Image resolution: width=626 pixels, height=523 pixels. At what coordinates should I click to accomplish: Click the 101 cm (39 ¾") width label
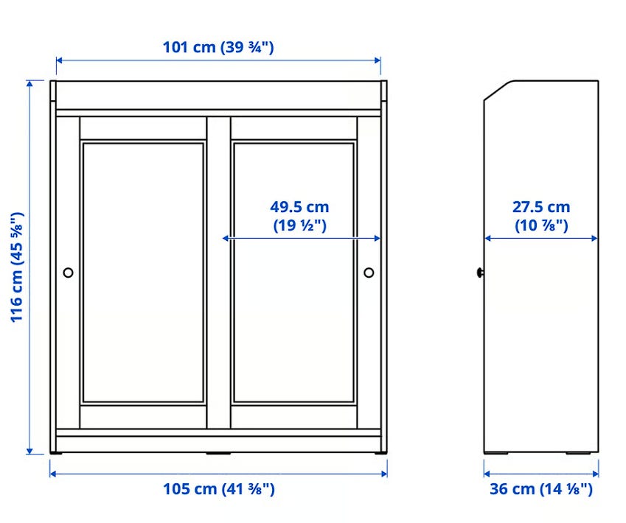pyautogui.click(x=218, y=47)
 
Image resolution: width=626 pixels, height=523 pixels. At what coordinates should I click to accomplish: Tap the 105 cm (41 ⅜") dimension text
pyautogui.click(x=219, y=489)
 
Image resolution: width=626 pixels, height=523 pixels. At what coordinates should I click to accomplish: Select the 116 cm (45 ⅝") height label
pyautogui.click(x=17, y=267)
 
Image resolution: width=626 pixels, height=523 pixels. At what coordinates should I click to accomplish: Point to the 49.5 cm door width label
pyautogui.click(x=300, y=216)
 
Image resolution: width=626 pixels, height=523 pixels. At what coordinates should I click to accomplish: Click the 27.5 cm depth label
pyautogui.click(x=541, y=216)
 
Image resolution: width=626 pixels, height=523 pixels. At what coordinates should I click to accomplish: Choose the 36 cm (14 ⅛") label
pyautogui.click(x=541, y=489)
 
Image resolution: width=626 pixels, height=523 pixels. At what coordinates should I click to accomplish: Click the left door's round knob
pyautogui.click(x=69, y=273)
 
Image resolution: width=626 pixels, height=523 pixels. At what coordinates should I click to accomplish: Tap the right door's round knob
pyautogui.click(x=369, y=273)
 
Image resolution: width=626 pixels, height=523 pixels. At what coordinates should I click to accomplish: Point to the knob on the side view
pyautogui.click(x=480, y=273)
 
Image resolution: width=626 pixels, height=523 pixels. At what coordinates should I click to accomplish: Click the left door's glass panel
pyautogui.click(x=143, y=273)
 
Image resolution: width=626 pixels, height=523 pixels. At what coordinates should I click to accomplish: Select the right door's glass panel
pyautogui.click(x=294, y=273)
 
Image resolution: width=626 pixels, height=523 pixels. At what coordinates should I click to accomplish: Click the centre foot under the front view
pyautogui.click(x=218, y=454)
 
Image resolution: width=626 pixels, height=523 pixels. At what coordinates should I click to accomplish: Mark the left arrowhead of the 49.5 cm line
pyautogui.click(x=225, y=238)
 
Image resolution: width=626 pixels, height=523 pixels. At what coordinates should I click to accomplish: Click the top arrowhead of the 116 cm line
pyautogui.click(x=29, y=83)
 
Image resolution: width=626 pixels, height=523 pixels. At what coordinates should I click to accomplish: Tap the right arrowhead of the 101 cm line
pyautogui.click(x=378, y=60)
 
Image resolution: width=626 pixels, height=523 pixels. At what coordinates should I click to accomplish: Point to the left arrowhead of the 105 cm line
pyautogui.click(x=52, y=474)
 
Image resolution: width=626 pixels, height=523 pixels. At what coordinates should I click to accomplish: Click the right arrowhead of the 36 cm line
pyautogui.click(x=596, y=474)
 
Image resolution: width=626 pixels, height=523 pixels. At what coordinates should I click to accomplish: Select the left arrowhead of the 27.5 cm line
pyautogui.click(x=487, y=239)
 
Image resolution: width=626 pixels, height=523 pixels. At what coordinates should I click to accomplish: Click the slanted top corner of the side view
pyautogui.click(x=498, y=90)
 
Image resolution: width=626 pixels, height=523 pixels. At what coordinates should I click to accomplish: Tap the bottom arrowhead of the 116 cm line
pyautogui.click(x=29, y=452)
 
